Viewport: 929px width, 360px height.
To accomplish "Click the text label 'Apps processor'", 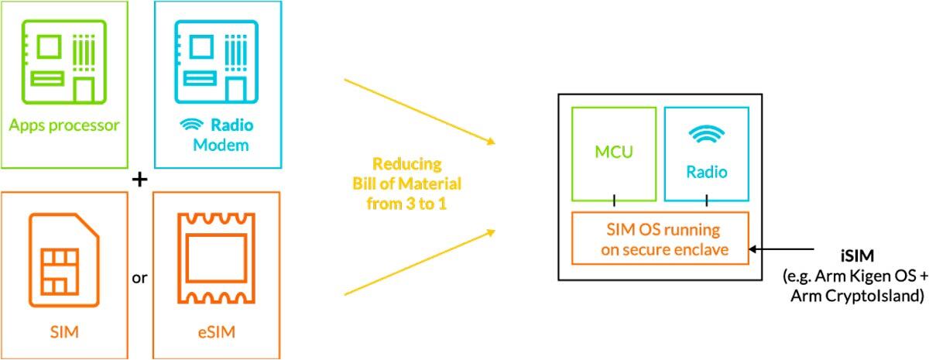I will pos(65,125).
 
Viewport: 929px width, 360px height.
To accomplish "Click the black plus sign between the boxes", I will pos(139,180).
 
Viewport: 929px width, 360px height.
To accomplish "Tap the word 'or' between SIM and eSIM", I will pos(139,276).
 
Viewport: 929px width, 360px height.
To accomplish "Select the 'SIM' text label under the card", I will pos(65,334).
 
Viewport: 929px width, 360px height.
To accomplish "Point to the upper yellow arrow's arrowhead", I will pos(489,142).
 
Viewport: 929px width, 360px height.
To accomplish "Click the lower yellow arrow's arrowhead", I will pos(489,230).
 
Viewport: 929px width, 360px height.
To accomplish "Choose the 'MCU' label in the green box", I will pos(614,152).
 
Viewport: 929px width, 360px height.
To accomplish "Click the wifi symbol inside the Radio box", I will pos(706,135).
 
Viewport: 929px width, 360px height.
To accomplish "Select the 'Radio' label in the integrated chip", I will pos(706,172).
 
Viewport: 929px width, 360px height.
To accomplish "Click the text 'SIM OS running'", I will pos(661,230).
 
